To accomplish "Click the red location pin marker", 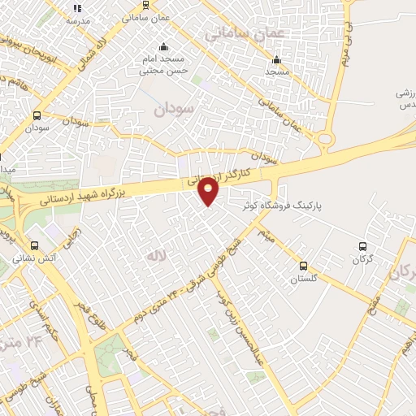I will pyautogui.click(x=209, y=190).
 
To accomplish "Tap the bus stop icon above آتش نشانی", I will pyautogui.click(x=34, y=245).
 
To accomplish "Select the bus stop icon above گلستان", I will pyautogui.click(x=303, y=266).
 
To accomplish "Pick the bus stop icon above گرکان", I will pyautogui.click(x=363, y=246).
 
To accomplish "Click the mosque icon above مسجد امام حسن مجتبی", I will pyautogui.click(x=164, y=46).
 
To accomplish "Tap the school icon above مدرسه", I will pyautogui.click(x=77, y=7).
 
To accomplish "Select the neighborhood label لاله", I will pyautogui.click(x=155, y=256).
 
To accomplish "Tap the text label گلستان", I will pyautogui.click(x=303, y=279).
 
